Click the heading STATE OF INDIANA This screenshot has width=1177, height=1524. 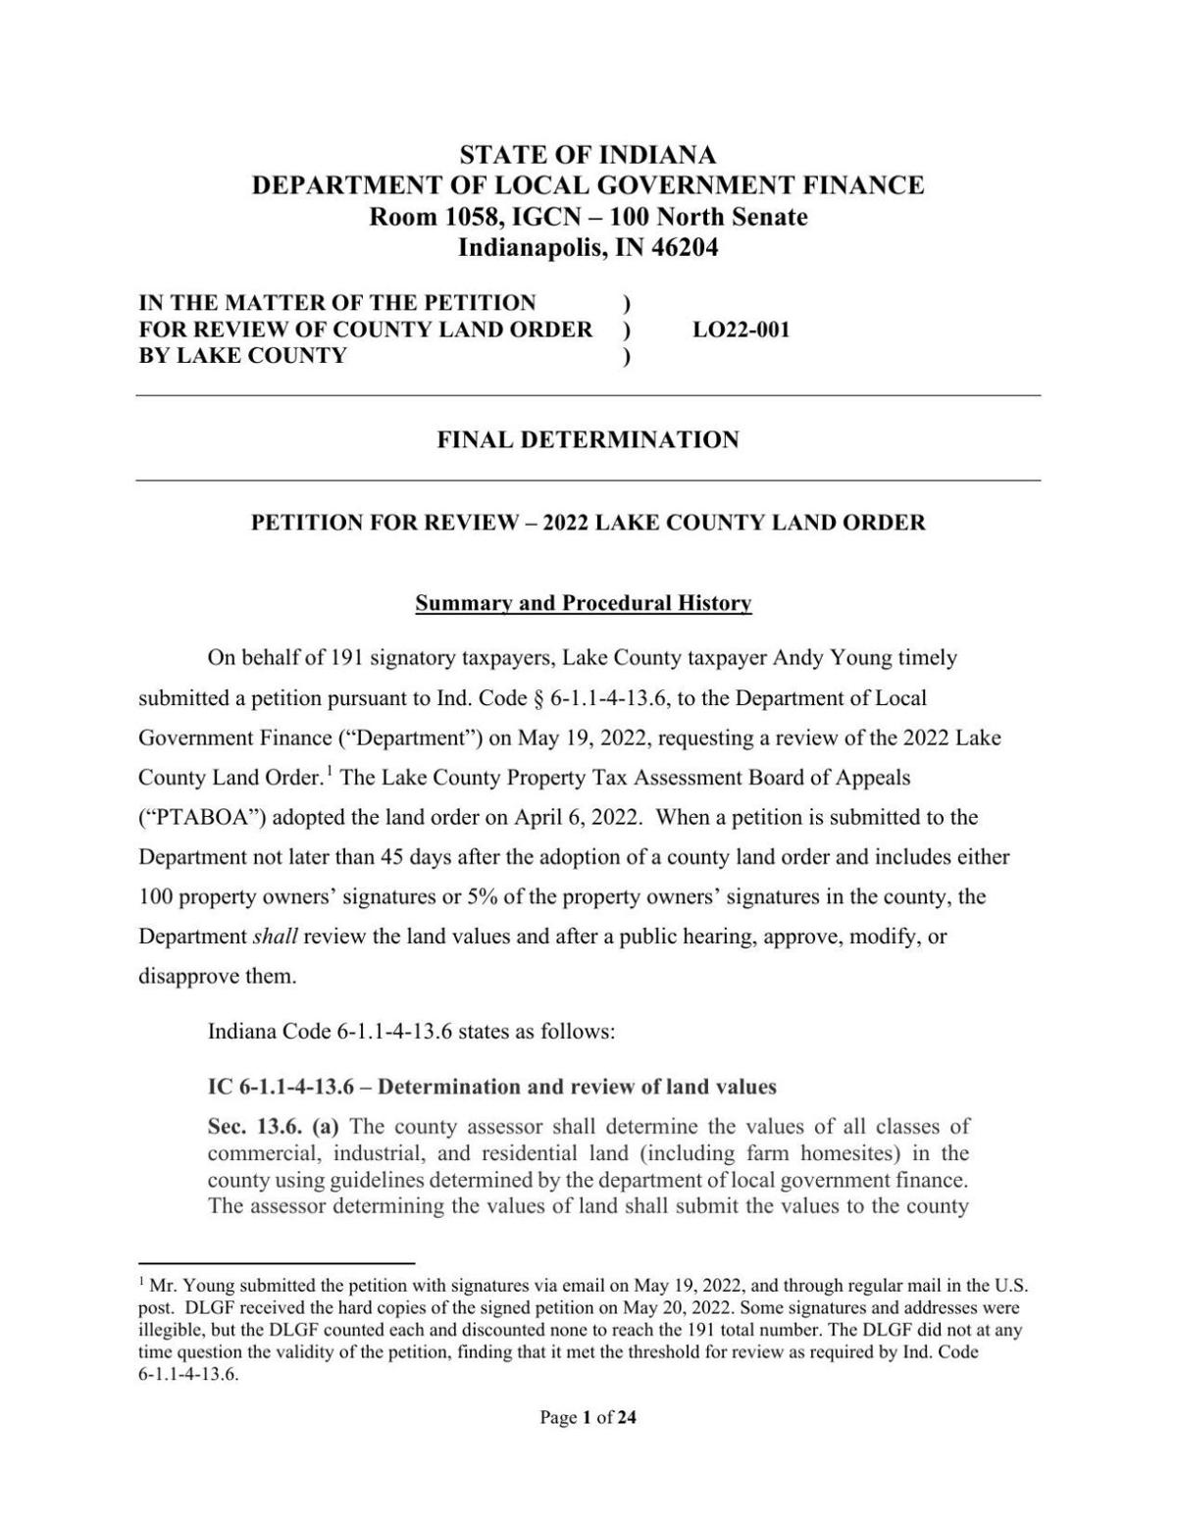(x=588, y=155)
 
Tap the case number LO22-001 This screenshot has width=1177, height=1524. (x=741, y=330)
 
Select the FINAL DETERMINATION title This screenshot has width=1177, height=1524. (x=588, y=439)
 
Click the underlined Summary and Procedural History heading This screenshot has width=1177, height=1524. (x=584, y=603)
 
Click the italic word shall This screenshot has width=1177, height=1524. (x=275, y=937)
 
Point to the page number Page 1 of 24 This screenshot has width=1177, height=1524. (x=588, y=1416)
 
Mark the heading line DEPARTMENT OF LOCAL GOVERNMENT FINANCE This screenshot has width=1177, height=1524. (x=588, y=185)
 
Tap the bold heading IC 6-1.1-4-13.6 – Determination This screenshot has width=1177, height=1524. (x=491, y=1087)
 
